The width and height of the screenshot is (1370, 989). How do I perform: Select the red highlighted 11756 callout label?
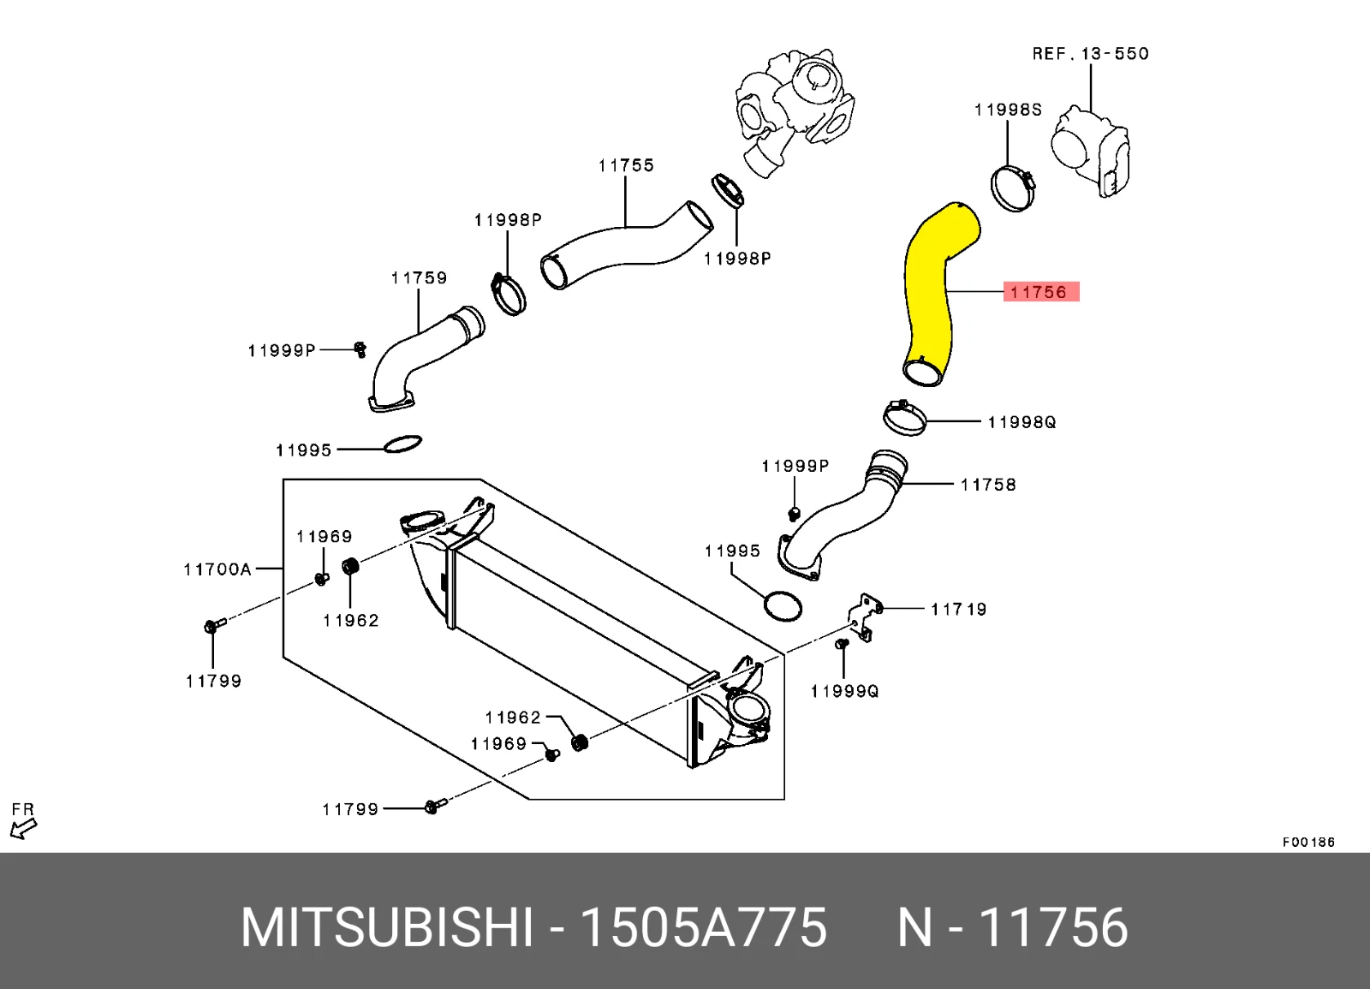(x=1040, y=292)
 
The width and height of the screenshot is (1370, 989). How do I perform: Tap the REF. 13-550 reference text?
(x=1090, y=54)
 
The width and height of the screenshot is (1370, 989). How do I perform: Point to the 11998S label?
(x=1008, y=110)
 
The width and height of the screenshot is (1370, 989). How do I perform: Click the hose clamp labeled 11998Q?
(x=904, y=418)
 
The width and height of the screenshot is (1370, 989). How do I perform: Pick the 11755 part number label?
(x=626, y=165)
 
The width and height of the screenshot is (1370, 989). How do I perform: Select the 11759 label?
(x=419, y=278)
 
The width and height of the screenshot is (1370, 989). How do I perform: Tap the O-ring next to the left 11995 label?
(x=402, y=444)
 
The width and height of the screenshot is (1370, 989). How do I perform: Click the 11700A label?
(x=217, y=569)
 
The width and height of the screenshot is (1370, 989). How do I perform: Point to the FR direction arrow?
(x=23, y=827)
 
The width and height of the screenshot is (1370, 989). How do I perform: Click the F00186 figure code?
(x=1307, y=842)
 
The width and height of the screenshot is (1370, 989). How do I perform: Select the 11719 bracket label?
(x=958, y=610)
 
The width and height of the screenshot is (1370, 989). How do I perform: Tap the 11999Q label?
(x=844, y=691)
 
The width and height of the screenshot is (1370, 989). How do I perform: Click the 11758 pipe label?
(x=987, y=485)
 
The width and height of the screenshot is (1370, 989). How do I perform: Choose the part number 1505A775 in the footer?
(x=703, y=927)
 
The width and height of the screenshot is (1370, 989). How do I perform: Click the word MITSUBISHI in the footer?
(x=387, y=927)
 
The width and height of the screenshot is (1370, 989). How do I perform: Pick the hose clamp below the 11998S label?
(x=1013, y=188)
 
